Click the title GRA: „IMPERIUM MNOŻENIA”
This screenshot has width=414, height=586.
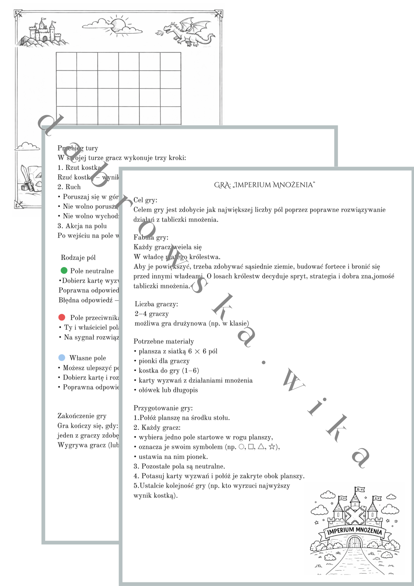pyautogui.click(x=264, y=185)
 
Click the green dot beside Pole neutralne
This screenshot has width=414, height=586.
pyautogui.click(x=64, y=270)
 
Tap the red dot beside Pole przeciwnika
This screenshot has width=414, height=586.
pyautogui.click(x=62, y=317)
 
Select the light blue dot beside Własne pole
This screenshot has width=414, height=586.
pyautogui.click(x=62, y=357)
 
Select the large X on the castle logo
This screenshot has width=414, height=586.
pyautogui.click(x=355, y=515)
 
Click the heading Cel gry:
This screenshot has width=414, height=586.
pyautogui.click(x=146, y=200)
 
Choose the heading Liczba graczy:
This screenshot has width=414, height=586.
pyautogui.click(x=156, y=304)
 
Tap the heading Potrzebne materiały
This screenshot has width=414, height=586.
pyautogui.click(x=164, y=341)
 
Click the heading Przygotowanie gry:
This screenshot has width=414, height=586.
pyautogui.click(x=163, y=408)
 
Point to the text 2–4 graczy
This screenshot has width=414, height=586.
pyautogui.click(x=152, y=314)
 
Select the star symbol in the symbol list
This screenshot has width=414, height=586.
pyautogui.click(x=272, y=447)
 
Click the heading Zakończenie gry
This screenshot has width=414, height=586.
pyautogui.click(x=82, y=416)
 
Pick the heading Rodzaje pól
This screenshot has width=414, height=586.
pyautogui.click(x=78, y=258)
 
